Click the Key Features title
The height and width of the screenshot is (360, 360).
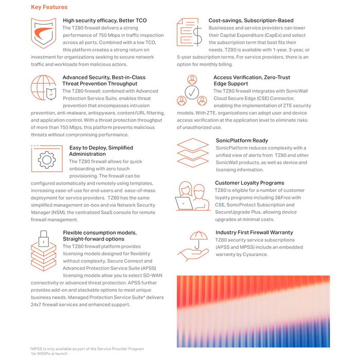tap(49, 7)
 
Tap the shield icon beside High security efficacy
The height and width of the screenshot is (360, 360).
tap(43, 33)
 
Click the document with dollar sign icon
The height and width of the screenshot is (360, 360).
tap(189, 32)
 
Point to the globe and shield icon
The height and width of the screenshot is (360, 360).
tap(44, 87)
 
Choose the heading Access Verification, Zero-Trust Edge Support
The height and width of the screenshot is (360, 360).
tap(248, 80)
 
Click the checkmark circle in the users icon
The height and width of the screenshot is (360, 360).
tap(192, 91)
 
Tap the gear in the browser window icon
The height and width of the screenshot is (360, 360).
tap(46, 159)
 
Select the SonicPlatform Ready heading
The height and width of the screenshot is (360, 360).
tap(242, 140)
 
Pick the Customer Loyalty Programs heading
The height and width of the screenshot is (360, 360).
tap(249, 183)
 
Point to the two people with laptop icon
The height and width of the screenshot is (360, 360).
tap(191, 196)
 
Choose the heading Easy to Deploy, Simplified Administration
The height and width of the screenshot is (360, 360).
tap(101, 151)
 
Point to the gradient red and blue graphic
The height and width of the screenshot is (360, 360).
tap(253, 311)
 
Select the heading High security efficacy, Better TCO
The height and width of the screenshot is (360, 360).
tap(104, 21)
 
